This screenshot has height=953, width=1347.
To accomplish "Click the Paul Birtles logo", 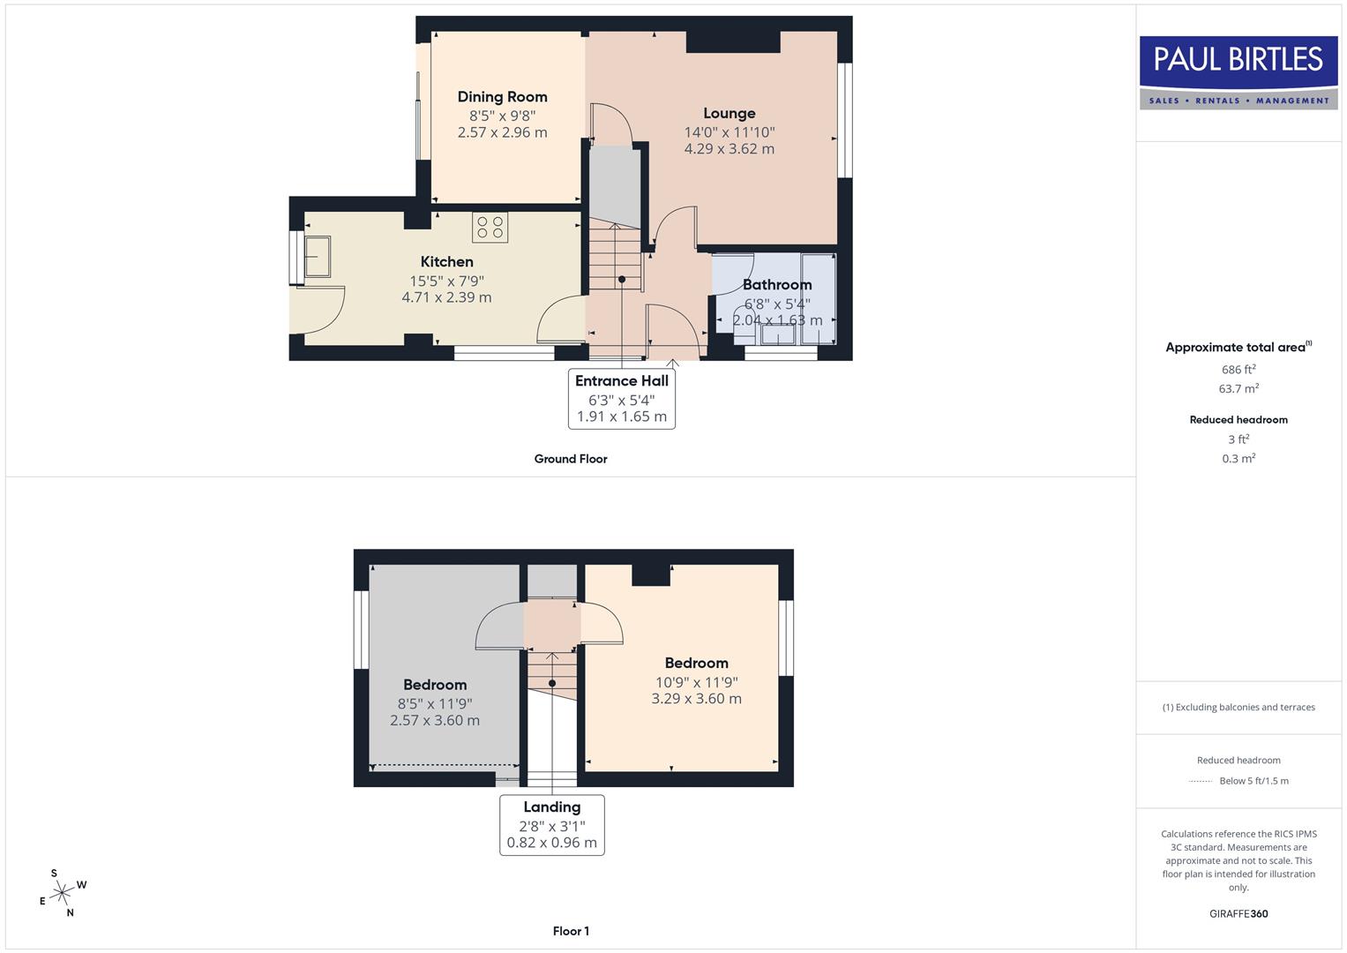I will (1238, 72).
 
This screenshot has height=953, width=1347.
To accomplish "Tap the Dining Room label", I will (502, 97).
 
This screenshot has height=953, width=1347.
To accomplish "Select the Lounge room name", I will (729, 113).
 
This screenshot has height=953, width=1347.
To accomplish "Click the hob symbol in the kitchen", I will (490, 227).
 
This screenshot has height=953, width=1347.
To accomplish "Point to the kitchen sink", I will (317, 256).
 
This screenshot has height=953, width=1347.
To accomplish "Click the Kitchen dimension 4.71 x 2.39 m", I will (446, 297).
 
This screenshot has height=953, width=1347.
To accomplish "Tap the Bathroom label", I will (776, 284).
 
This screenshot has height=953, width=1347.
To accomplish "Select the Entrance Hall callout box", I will (621, 398).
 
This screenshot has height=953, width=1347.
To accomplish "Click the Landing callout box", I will (551, 824).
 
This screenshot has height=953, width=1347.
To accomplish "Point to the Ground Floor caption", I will (570, 459).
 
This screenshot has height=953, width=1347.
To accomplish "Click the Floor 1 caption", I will (570, 931).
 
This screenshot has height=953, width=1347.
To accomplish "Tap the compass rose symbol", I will (62, 894).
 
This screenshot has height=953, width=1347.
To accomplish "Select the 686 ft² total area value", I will (1238, 369).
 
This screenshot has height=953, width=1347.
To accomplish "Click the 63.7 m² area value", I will (1238, 388).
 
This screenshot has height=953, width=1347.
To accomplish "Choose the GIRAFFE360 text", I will (1238, 913).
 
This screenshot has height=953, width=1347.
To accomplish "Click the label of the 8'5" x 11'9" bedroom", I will (434, 685).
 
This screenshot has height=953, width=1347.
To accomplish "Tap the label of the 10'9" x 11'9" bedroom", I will (696, 663).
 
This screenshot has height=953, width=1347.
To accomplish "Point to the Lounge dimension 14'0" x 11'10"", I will (729, 132).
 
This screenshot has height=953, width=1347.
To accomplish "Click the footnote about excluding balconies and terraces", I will (1238, 707).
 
